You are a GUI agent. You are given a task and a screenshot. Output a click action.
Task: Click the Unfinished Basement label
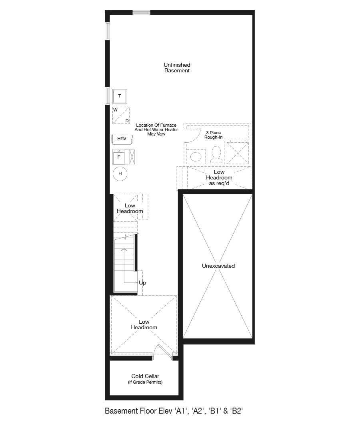pos(177,68)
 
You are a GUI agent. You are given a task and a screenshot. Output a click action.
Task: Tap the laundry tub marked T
pos(120,96)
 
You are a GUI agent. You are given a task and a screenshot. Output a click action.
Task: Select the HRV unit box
pos(122,139)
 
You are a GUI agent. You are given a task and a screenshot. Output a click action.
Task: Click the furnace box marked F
pos(119,157)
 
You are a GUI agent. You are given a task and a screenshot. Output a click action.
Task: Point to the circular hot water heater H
pos(120,173)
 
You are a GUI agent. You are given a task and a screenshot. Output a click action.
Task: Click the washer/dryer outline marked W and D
pos(121,115)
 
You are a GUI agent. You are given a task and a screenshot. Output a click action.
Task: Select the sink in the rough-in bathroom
pos(196,157)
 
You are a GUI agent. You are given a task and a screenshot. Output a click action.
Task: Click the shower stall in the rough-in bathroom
pos(238,153)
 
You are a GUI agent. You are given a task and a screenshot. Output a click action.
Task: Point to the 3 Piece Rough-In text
pos(213,135)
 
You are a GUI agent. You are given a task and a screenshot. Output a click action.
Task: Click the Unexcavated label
pos(218,266)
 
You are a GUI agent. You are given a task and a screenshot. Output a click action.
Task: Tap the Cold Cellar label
pos(145,376)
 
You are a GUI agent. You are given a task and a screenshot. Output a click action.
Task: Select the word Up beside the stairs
pos(142,283)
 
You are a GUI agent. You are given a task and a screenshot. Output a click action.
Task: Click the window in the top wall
pos(142,12)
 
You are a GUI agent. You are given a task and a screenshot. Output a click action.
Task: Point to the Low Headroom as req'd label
pos(219,178)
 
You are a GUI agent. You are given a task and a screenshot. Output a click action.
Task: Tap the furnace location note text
pos(156,129)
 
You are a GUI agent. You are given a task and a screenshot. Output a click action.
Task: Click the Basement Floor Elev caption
pos(174,411)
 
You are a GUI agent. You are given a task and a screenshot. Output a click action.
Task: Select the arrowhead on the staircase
pos(124,249)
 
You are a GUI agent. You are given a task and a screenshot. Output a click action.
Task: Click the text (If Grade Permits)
pos(145,382)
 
